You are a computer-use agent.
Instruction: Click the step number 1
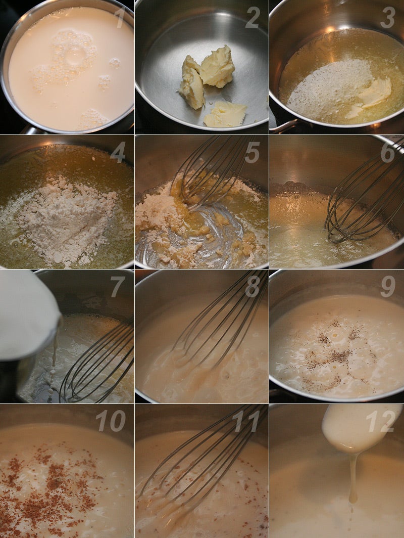point(120,17)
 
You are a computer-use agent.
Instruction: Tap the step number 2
point(252,18)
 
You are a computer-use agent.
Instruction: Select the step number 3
point(387,18)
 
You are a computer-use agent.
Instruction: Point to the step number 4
point(118,152)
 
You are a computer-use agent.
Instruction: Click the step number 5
point(252,152)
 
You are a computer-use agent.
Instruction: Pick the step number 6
point(387,152)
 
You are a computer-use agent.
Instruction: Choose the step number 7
point(118,287)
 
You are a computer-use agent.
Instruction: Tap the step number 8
point(252,287)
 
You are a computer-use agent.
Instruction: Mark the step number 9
point(387,287)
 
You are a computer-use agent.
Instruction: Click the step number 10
point(111,421)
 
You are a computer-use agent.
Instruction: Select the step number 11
point(246,421)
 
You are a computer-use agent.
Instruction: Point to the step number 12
point(380,421)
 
